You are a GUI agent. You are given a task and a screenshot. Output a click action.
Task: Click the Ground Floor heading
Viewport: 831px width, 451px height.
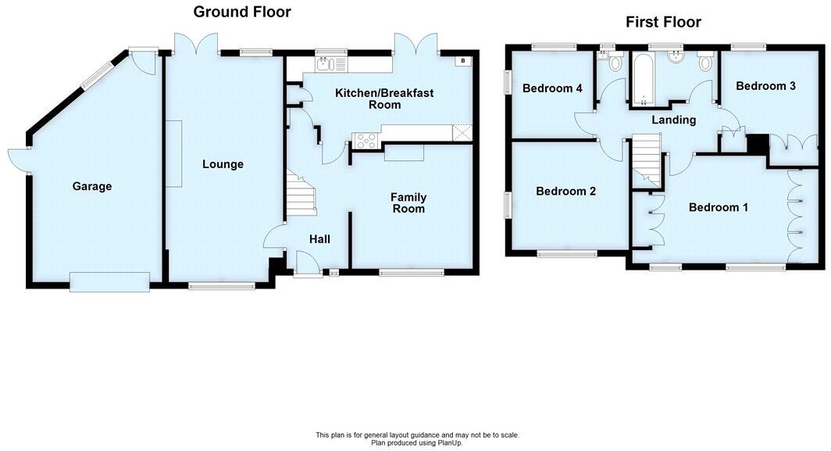pyautogui.click(x=241, y=12)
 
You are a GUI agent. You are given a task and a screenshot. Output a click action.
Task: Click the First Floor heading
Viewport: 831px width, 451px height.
pyautogui.click(x=663, y=22)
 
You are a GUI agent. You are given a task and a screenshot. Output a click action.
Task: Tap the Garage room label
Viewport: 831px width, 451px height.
pyautogui.click(x=92, y=186)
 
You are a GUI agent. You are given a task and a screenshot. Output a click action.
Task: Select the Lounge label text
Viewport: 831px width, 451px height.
pyautogui.click(x=223, y=164)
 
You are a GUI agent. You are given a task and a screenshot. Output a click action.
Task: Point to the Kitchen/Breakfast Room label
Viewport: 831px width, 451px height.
pyautogui.click(x=383, y=98)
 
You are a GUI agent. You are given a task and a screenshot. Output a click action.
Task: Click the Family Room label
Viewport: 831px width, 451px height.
pyautogui.click(x=408, y=203)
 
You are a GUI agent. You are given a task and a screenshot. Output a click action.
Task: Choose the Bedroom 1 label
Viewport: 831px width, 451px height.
pyautogui.click(x=718, y=207)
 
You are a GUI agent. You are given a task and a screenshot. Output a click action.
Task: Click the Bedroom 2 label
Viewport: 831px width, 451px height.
pyautogui.click(x=565, y=191)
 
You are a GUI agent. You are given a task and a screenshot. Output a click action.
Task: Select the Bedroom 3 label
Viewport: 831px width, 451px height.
pyautogui.click(x=765, y=86)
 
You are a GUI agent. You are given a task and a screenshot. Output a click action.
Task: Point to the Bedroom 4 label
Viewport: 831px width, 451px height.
pyautogui.click(x=552, y=88)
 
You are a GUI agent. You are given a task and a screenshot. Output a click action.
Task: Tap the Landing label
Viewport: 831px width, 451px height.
pyautogui.click(x=673, y=120)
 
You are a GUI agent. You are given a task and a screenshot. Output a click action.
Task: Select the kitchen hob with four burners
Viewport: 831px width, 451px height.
pyautogui.click(x=366, y=141)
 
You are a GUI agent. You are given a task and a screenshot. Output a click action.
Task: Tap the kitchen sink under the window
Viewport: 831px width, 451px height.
pyautogui.click(x=331, y=63)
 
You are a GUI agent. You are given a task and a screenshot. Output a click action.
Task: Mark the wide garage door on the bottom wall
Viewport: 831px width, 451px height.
pyautogui.click(x=109, y=281)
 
